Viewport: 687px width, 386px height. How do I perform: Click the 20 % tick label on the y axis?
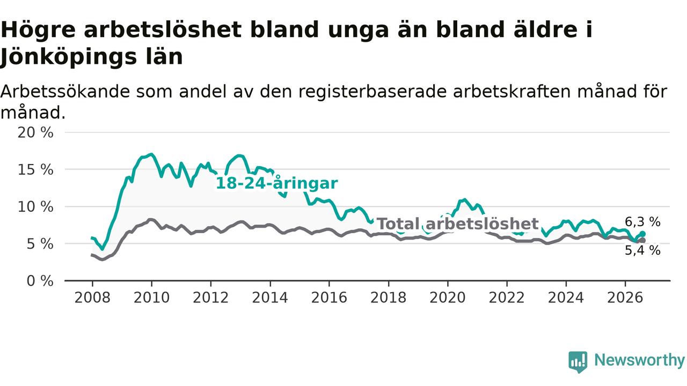pos(35,132)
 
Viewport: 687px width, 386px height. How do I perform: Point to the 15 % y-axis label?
pos(35,170)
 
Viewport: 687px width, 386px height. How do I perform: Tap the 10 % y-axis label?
pos(35,207)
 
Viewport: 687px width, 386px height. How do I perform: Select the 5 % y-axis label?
pos(40,244)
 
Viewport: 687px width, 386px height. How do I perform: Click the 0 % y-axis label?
pos(40,281)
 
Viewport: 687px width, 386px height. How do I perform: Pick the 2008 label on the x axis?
pos(92,298)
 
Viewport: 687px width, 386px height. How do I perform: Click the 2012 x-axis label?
pos(211,298)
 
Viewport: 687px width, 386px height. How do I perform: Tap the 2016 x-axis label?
pos(329,298)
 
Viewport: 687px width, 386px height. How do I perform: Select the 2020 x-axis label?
pos(448,298)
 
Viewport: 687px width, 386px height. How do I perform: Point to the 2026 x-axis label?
pos(625,298)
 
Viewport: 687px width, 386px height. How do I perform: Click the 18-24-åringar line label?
pos(277,183)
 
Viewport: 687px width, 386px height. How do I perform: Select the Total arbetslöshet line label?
pos(458,224)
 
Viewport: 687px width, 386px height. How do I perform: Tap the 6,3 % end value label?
pos(643,222)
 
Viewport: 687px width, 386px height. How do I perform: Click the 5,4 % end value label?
pos(643,250)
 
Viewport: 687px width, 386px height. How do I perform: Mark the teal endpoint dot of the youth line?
pos(642,234)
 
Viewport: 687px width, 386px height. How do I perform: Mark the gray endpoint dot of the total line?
pos(642,241)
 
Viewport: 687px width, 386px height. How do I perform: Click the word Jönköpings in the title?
pos(68,57)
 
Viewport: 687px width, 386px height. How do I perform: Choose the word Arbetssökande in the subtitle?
pos(65,91)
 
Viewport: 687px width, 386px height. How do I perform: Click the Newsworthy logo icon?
pos(578,362)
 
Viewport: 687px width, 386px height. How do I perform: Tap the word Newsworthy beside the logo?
pos(639,360)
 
